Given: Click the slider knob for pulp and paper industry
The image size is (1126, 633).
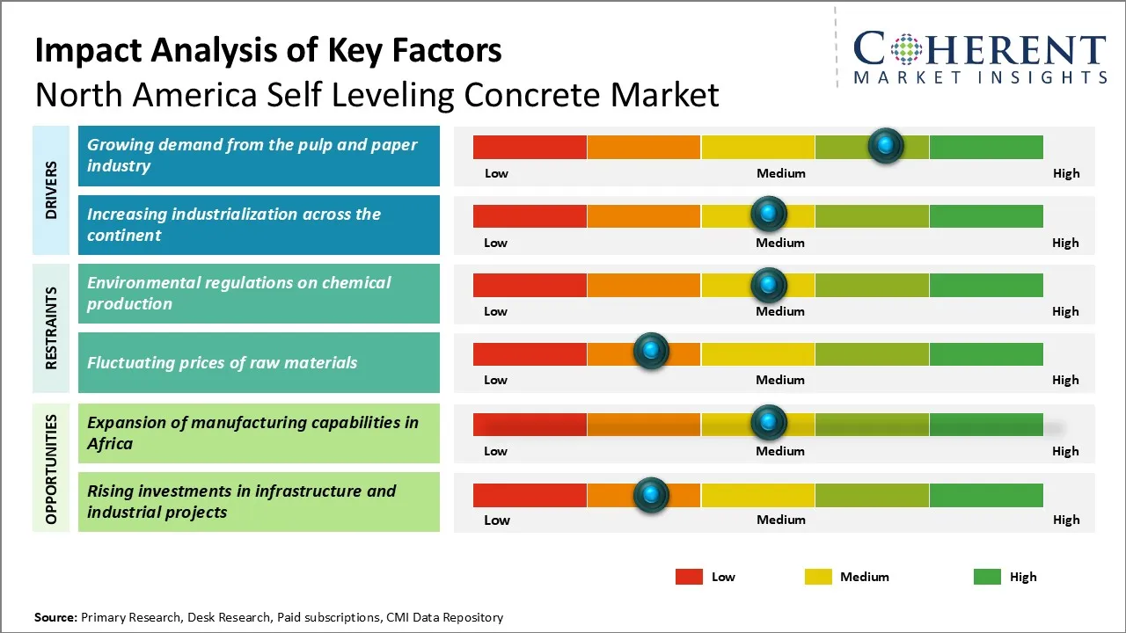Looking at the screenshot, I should (x=886, y=145).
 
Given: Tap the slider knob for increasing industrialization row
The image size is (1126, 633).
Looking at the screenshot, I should (x=769, y=214).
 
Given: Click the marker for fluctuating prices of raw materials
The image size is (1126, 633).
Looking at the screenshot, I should (x=651, y=352).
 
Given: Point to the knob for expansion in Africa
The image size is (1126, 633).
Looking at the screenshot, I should (x=769, y=423).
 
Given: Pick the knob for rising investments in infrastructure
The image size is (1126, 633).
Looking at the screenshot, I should (x=651, y=495).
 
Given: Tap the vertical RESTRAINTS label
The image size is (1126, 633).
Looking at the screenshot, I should (x=51, y=327).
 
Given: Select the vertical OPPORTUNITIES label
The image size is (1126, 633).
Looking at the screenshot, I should (x=51, y=469).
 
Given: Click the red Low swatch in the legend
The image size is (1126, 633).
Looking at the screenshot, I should (x=689, y=577).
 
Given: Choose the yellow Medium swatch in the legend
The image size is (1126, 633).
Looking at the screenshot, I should (x=818, y=577).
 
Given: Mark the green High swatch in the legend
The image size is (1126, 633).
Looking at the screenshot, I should (x=987, y=577).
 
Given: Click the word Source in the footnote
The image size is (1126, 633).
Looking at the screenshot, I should (x=55, y=618).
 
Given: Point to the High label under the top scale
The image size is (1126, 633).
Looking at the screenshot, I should (x=1066, y=173).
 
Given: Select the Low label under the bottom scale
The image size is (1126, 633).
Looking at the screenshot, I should (x=497, y=520).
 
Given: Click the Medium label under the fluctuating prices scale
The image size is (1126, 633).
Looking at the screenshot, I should (x=780, y=380).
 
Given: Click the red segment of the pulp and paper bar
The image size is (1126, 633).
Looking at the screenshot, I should (x=530, y=147).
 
